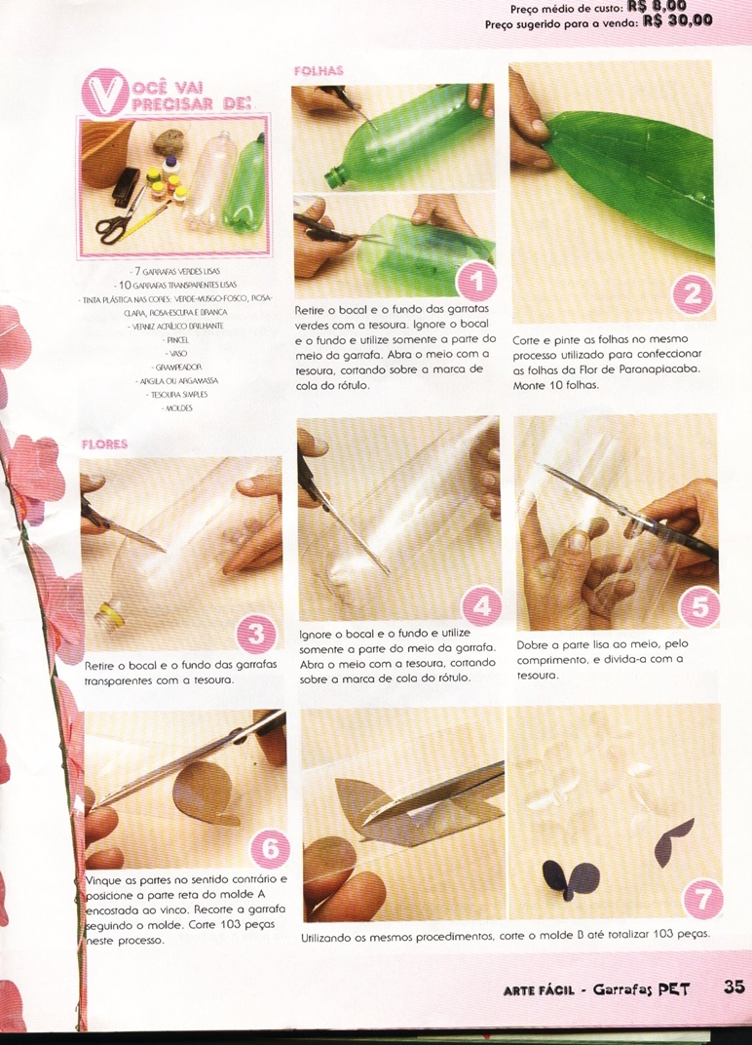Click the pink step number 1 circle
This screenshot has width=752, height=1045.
(477, 282)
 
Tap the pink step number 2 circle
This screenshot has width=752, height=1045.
(693, 294)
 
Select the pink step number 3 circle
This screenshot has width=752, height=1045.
(257, 633)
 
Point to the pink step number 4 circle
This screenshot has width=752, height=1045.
(482, 605)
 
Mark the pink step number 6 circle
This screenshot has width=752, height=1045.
(271, 848)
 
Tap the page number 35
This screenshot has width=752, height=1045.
(734, 987)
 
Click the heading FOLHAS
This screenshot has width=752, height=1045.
(320, 71)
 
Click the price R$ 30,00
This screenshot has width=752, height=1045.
(677, 20)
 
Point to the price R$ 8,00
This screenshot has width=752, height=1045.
(657, 6)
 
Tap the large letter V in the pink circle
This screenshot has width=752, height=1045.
(105, 94)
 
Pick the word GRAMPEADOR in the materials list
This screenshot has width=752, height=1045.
(178, 368)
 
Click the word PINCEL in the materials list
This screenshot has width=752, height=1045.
(178, 340)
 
